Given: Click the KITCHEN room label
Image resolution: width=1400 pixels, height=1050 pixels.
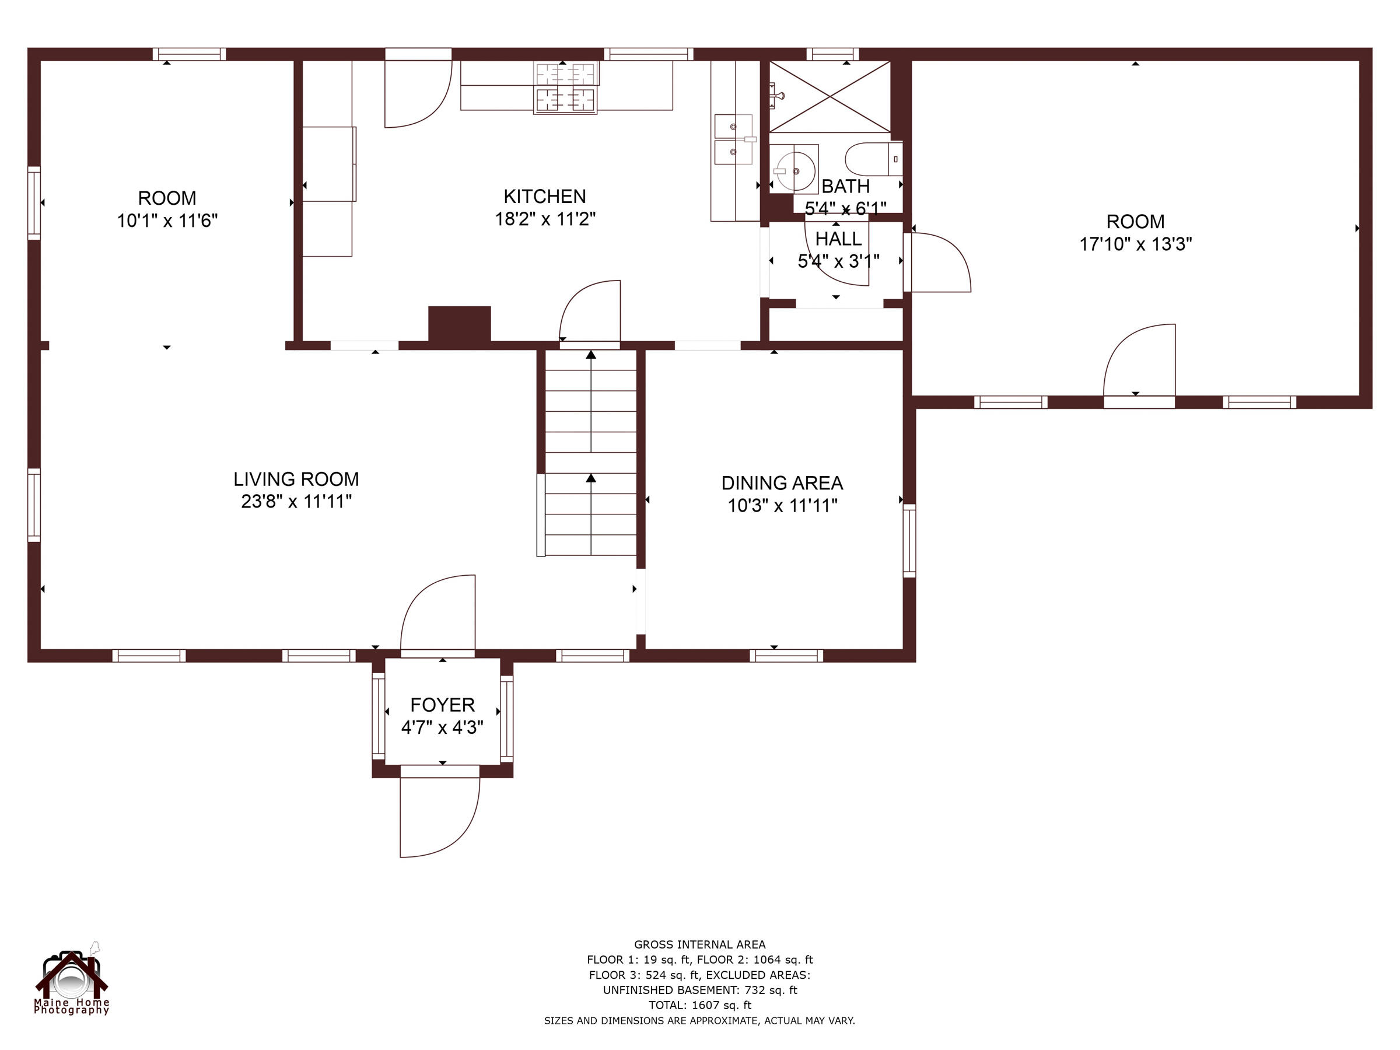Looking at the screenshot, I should (544, 196).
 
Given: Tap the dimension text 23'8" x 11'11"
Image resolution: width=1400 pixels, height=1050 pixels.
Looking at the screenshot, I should (296, 501).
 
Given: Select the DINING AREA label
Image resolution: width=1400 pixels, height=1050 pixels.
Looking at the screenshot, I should (782, 483).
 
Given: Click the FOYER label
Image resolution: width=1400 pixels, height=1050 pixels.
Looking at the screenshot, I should (442, 705).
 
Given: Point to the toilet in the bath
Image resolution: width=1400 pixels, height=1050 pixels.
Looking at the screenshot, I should (873, 159).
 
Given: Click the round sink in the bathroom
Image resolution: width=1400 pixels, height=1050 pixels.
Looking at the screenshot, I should (796, 170).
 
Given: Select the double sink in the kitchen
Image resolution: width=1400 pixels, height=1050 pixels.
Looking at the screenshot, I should (734, 139).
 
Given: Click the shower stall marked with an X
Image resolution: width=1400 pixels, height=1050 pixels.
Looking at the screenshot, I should (829, 97).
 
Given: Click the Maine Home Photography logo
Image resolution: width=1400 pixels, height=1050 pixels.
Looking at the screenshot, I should (72, 978).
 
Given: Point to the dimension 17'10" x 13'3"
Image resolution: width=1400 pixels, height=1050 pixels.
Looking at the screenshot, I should (1135, 244).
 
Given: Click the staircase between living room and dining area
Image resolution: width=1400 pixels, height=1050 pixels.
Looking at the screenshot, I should (590, 453).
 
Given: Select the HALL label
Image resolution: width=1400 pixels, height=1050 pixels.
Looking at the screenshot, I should (838, 239).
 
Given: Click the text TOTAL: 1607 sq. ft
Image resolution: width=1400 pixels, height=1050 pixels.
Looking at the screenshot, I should (699, 1005).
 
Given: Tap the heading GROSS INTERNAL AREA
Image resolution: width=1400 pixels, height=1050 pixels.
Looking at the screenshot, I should (699, 944).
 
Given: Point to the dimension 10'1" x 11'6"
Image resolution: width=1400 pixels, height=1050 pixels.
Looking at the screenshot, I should (167, 221).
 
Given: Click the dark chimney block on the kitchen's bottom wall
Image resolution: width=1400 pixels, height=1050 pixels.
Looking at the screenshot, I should (460, 324).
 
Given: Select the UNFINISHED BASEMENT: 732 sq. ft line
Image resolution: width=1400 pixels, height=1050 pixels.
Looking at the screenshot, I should (699, 990).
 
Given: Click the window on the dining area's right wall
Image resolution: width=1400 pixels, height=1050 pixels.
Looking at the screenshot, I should (909, 541).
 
